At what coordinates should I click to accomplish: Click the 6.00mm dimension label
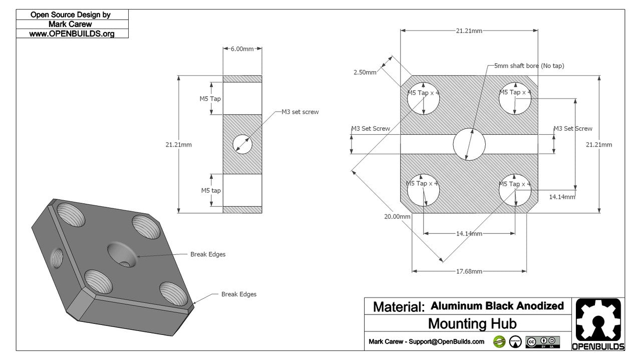pyautogui.click(x=242, y=49)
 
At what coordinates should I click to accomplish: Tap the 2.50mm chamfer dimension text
pyautogui.click(x=365, y=73)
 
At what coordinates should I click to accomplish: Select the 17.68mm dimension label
pyautogui.click(x=469, y=271)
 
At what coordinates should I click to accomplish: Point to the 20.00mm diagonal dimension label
pyautogui.click(x=397, y=217)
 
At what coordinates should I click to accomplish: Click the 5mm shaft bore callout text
pyautogui.click(x=529, y=66)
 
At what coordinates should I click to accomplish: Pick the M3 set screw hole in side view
pyautogui.click(x=242, y=144)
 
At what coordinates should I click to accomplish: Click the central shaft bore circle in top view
pyautogui.click(x=469, y=144)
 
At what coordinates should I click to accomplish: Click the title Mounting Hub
pyautogui.click(x=472, y=323)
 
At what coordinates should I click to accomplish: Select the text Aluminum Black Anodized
pyautogui.click(x=497, y=306)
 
